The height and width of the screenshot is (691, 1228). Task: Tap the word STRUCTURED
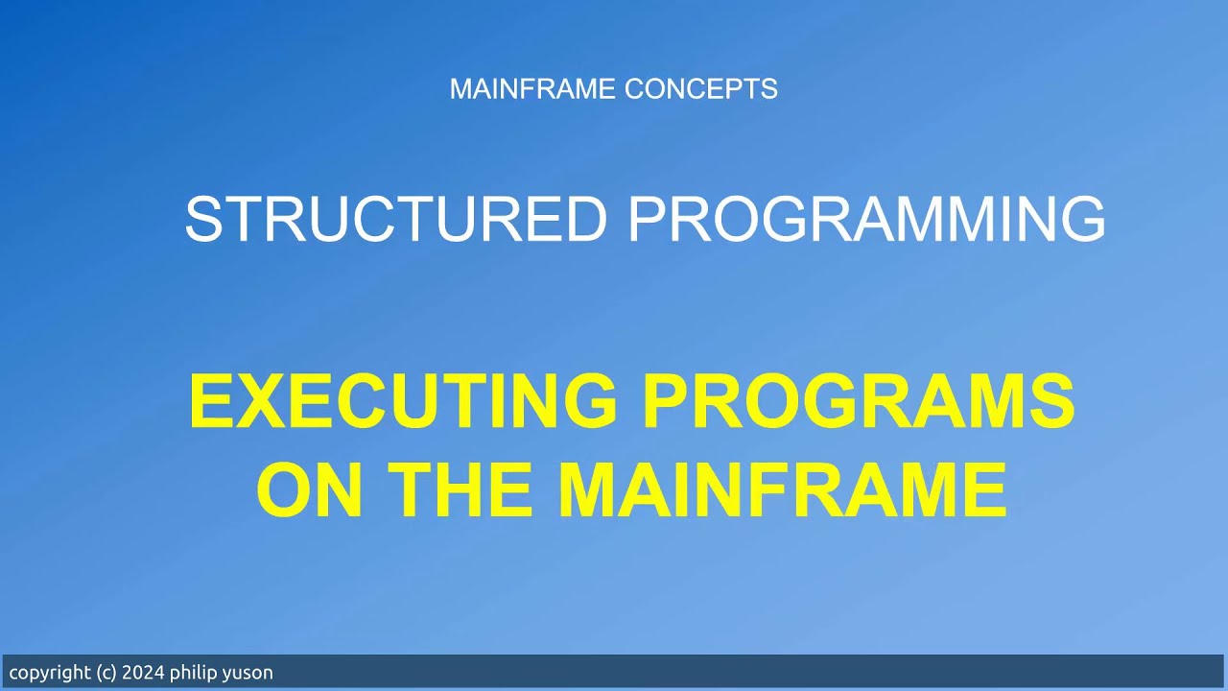395,219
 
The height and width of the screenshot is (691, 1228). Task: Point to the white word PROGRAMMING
865,219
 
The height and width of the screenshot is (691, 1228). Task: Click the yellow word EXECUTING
403,401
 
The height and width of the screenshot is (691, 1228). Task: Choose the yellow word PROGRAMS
859,401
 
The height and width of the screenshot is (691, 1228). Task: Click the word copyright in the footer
51,673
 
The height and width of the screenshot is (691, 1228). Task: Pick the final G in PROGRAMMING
1081,219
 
